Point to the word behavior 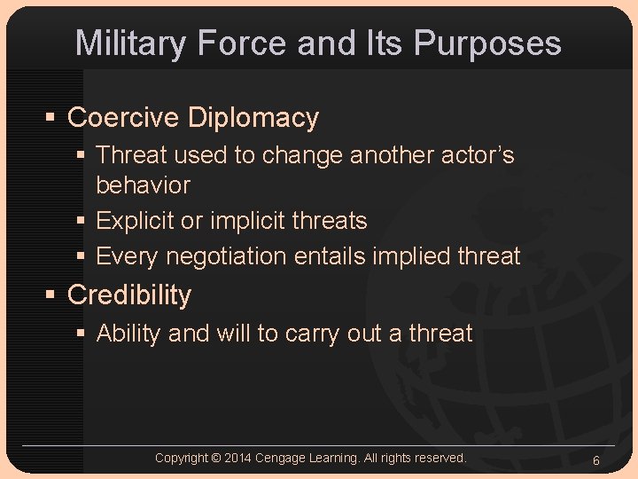point(143,185)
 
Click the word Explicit point(135,220)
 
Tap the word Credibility point(129,294)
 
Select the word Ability point(128,334)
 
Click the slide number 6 point(596,460)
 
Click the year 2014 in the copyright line point(239,458)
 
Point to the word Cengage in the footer point(281,458)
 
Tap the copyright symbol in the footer point(216,458)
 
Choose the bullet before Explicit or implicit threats point(82,221)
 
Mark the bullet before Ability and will point(82,334)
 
